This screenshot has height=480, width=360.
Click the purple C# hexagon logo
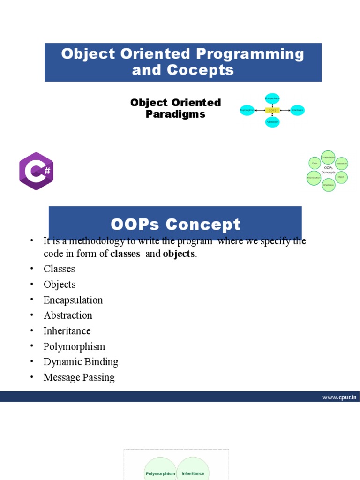tap(36, 171)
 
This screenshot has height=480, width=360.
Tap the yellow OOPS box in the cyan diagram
tap(272, 111)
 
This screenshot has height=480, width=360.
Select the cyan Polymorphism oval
tap(247, 111)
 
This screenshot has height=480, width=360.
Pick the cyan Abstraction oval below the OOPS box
tap(272, 122)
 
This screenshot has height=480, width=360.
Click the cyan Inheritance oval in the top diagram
tap(297, 111)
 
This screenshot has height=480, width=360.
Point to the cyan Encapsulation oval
tap(272, 98)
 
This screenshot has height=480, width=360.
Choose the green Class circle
tap(315, 163)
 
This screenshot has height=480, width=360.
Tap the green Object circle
tap(341, 177)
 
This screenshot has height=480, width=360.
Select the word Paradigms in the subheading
tap(175, 114)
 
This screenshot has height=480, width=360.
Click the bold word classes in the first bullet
tap(125, 254)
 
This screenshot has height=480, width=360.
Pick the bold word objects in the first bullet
tap(178, 254)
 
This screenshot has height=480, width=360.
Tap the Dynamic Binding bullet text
tap(81, 362)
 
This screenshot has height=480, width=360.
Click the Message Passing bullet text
tap(79, 377)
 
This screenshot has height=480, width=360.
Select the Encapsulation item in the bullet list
tap(73, 300)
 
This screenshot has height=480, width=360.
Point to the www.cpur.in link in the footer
tap(340, 397)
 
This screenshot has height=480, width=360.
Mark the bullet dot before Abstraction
tap(31, 315)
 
